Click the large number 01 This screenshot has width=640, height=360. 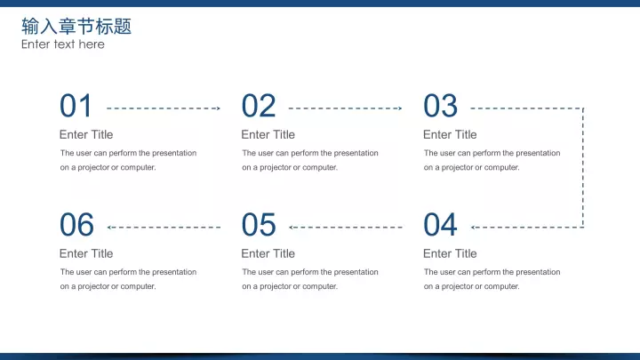(76, 106)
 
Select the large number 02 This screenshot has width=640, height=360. (259, 106)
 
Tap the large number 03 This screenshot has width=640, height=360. (440, 106)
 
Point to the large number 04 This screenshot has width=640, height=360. (440, 225)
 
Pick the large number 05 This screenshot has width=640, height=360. (259, 225)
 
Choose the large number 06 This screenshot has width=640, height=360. (76, 225)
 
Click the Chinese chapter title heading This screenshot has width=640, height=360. (76, 27)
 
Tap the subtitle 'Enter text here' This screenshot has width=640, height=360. (63, 44)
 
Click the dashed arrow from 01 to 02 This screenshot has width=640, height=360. (164, 108)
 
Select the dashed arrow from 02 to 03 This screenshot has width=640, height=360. (345, 108)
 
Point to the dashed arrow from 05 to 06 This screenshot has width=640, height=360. (164, 228)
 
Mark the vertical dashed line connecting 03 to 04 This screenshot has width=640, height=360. (583, 168)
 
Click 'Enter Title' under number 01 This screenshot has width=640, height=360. (86, 135)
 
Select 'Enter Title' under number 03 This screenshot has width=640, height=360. (450, 135)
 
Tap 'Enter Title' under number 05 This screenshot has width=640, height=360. (268, 253)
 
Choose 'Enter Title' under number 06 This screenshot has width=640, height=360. (86, 253)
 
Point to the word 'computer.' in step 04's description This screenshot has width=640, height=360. (504, 286)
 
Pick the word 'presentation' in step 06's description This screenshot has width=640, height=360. (174, 272)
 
